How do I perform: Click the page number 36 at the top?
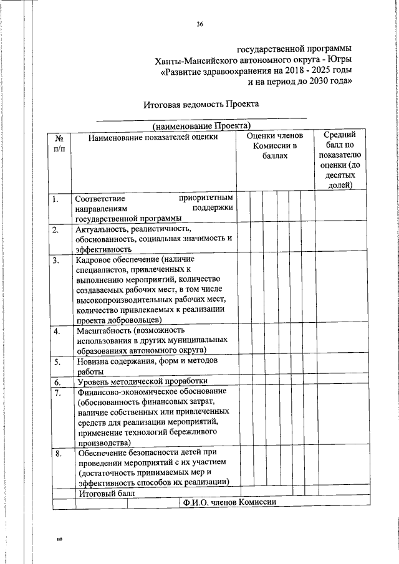coord(199,24)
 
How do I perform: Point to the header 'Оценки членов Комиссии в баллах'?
coord(274,145)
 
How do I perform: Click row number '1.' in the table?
coord(56,199)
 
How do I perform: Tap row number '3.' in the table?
coord(56,260)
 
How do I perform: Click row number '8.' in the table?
coord(57,454)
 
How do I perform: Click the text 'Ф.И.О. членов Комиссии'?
coord(229,503)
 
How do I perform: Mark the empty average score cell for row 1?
coord(340,208)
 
